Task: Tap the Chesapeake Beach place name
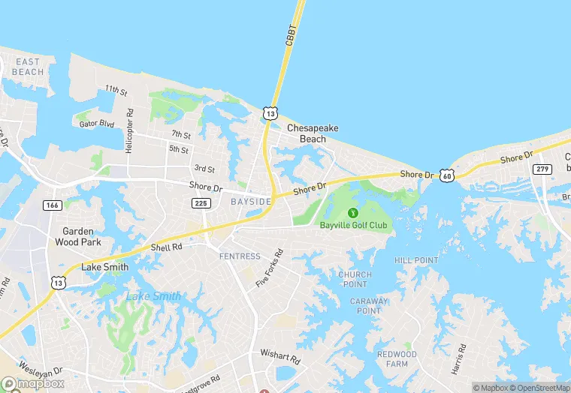pyautogui.click(x=313, y=133)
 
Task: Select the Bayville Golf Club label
pyautogui.click(x=353, y=225)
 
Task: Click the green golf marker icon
pyautogui.click(x=354, y=212)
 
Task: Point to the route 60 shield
pyautogui.click(x=447, y=175)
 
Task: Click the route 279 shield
pyautogui.click(x=543, y=169)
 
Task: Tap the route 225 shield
pyautogui.click(x=201, y=203)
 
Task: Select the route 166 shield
pyautogui.click(x=53, y=205)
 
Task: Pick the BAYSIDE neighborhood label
pyautogui.click(x=251, y=202)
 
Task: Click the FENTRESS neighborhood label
pyautogui.click(x=240, y=256)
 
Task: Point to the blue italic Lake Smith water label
pyautogui.click(x=153, y=296)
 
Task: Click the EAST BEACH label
pyautogui.click(x=28, y=67)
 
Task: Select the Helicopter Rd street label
pyautogui.click(x=129, y=131)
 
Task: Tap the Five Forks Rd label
pyautogui.click(x=269, y=268)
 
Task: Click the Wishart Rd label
pyautogui.click(x=280, y=352)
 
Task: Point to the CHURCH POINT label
pyautogui.click(x=355, y=279)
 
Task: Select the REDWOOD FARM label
pyautogui.click(x=397, y=358)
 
